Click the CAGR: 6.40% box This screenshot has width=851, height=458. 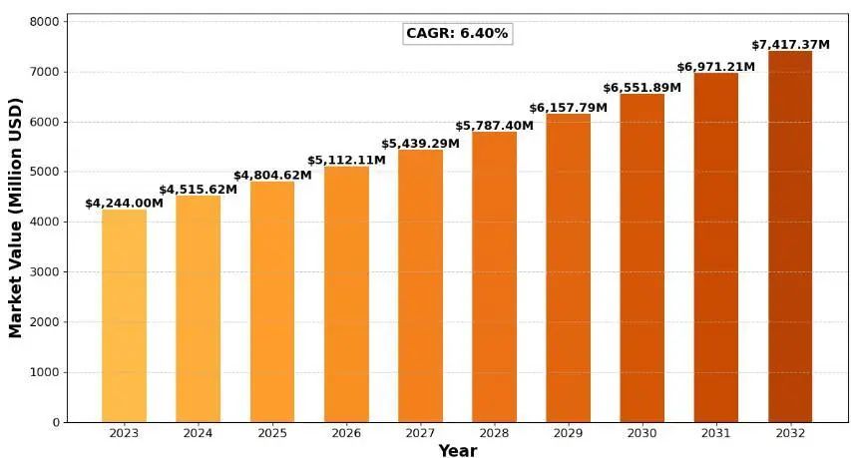click(x=457, y=33)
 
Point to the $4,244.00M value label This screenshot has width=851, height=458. click(x=124, y=204)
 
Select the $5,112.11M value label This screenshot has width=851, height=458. click(x=346, y=161)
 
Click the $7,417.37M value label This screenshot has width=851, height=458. click(x=790, y=45)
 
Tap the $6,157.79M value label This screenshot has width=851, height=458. click(x=568, y=108)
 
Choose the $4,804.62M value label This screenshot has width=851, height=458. click(x=272, y=176)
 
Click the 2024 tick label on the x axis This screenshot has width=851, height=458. click(x=198, y=433)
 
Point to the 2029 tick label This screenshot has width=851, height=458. click(x=568, y=433)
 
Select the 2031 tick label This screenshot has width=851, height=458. click(x=716, y=433)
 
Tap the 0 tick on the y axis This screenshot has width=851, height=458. click(x=56, y=422)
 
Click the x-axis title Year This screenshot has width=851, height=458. click(x=457, y=450)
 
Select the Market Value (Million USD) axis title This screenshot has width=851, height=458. click(x=15, y=218)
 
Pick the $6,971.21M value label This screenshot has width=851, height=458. click(x=716, y=67)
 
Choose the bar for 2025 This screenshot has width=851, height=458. click(x=272, y=301)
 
